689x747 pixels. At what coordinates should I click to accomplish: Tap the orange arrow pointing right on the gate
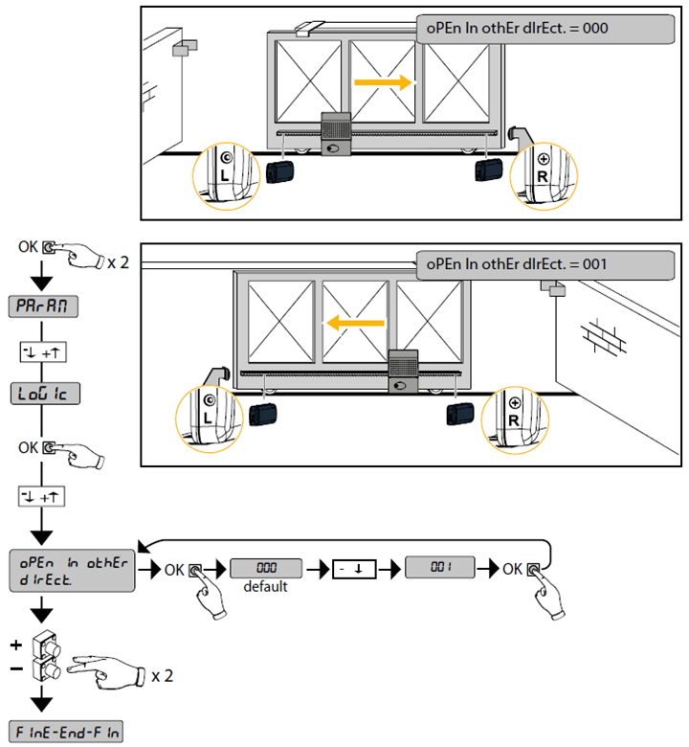(x=383, y=82)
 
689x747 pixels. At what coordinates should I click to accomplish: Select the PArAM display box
(x=43, y=306)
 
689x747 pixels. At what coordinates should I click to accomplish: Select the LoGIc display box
(x=43, y=393)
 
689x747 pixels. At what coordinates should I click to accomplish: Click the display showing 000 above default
(x=265, y=568)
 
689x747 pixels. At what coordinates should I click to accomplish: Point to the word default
(x=265, y=586)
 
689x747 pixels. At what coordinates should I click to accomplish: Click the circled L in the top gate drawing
(x=226, y=168)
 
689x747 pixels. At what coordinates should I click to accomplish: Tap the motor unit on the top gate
(x=336, y=133)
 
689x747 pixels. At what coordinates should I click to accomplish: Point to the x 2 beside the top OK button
(x=118, y=261)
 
